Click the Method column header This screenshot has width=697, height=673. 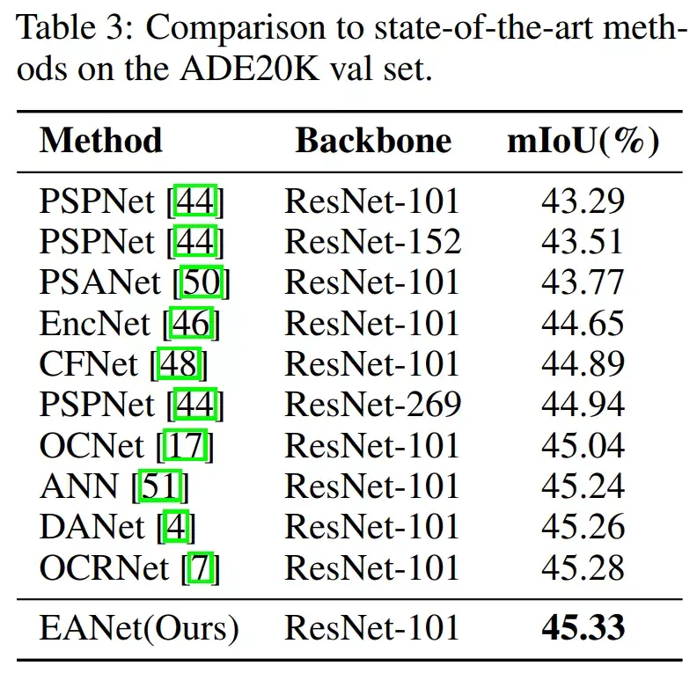pyautogui.click(x=101, y=141)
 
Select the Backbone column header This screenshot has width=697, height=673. pyautogui.click(x=372, y=141)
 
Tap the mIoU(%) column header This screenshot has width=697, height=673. pyautogui.click(x=582, y=141)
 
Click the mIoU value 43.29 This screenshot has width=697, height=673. pyautogui.click(x=582, y=201)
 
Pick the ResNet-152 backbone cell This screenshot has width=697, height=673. pyautogui.click(x=372, y=241)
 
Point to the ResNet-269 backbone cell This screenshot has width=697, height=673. pyautogui.click(x=372, y=405)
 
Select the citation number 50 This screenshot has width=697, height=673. pyautogui.click(x=202, y=282)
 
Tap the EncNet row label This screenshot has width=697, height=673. pyautogui.click(x=96, y=324)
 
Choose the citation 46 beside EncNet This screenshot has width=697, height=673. pyautogui.click(x=191, y=324)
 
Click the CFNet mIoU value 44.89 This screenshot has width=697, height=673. pyautogui.click(x=582, y=364)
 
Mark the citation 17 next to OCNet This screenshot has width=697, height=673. pyautogui.click(x=186, y=446)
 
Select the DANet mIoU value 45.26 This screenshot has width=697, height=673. pyautogui.click(x=582, y=527)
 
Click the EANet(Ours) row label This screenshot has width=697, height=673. pyautogui.click(x=139, y=628)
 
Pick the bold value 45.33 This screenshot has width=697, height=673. pyautogui.click(x=582, y=628)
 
